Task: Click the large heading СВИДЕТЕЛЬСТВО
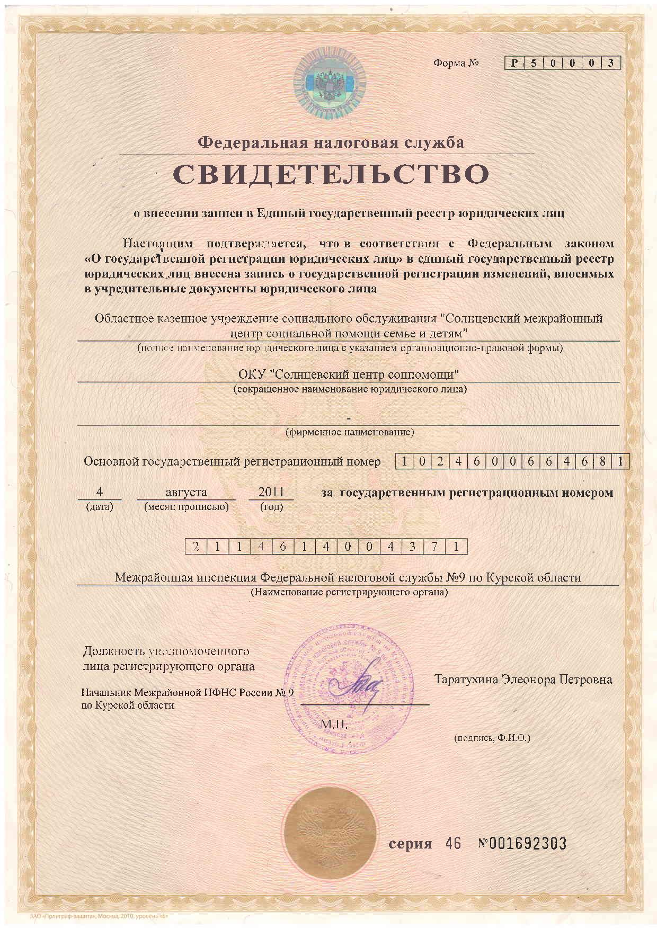tap(331, 174)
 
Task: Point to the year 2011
tap(271, 492)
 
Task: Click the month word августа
tap(186, 492)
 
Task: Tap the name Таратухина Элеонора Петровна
tap(523, 679)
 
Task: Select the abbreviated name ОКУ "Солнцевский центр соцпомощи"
tap(348, 374)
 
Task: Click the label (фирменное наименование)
tap(350, 432)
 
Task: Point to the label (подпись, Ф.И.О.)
tap(492, 737)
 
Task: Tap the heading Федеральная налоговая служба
tap(331, 142)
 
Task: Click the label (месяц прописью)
tap(187, 506)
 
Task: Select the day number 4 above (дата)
tap(99, 492)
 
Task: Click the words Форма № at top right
tap(456, 64)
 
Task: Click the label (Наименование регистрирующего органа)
tap(349, 592)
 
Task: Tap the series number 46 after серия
tap(454, 843)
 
